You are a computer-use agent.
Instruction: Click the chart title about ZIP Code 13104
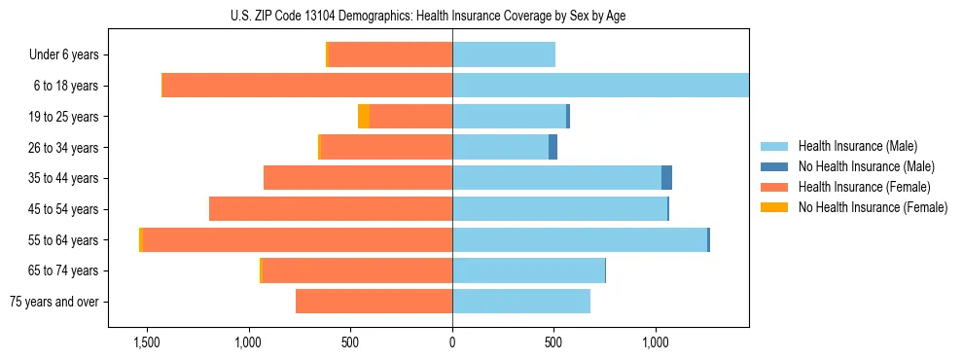451,16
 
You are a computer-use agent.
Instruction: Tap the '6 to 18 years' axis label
65,86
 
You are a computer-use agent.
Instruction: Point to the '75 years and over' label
54,302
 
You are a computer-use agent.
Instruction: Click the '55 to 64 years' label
63,240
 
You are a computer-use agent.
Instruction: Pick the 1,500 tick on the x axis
147,342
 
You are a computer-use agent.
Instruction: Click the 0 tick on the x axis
452,342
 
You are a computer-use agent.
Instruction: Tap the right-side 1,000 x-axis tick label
656,342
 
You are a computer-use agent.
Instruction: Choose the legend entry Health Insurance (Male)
857,146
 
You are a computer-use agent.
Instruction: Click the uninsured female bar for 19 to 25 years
364,117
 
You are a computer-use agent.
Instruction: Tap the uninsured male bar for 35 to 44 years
666,178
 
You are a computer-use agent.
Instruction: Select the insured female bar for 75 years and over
374,302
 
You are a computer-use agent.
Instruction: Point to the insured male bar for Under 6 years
504,55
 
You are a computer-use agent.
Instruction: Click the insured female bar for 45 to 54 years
331,209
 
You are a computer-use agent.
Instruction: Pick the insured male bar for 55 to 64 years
580,240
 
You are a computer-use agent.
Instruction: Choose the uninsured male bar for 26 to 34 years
553,148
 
